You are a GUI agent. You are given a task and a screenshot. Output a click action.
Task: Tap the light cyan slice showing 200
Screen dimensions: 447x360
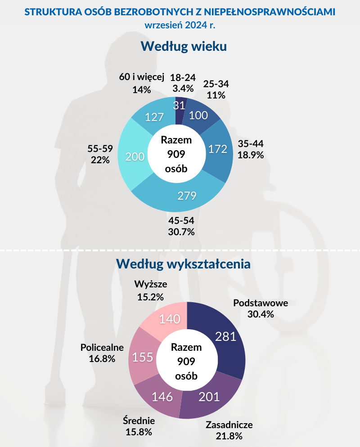coord(135,156)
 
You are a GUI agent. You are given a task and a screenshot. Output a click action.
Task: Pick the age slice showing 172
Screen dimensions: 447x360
coord(218,149)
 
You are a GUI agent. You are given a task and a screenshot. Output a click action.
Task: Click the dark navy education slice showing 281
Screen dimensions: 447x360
coord(225,336)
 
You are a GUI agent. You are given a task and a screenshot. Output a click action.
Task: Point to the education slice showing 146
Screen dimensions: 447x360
coord(162,396)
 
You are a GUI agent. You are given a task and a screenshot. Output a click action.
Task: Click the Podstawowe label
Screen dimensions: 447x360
coord(261,303)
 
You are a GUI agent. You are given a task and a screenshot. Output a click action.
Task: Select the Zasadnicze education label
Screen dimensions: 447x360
coord(229,425)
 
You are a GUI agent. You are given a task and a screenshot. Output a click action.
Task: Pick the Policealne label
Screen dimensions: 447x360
coord(102,347)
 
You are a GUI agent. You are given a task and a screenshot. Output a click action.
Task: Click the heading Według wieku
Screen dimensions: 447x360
coord(183,46)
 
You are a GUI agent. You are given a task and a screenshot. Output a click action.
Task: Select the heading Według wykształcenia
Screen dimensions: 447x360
coord(183,264)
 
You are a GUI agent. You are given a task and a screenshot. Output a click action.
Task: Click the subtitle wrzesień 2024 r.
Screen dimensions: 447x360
coord(180,25)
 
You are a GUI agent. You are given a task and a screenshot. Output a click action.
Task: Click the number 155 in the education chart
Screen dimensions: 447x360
coord(143,358)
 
